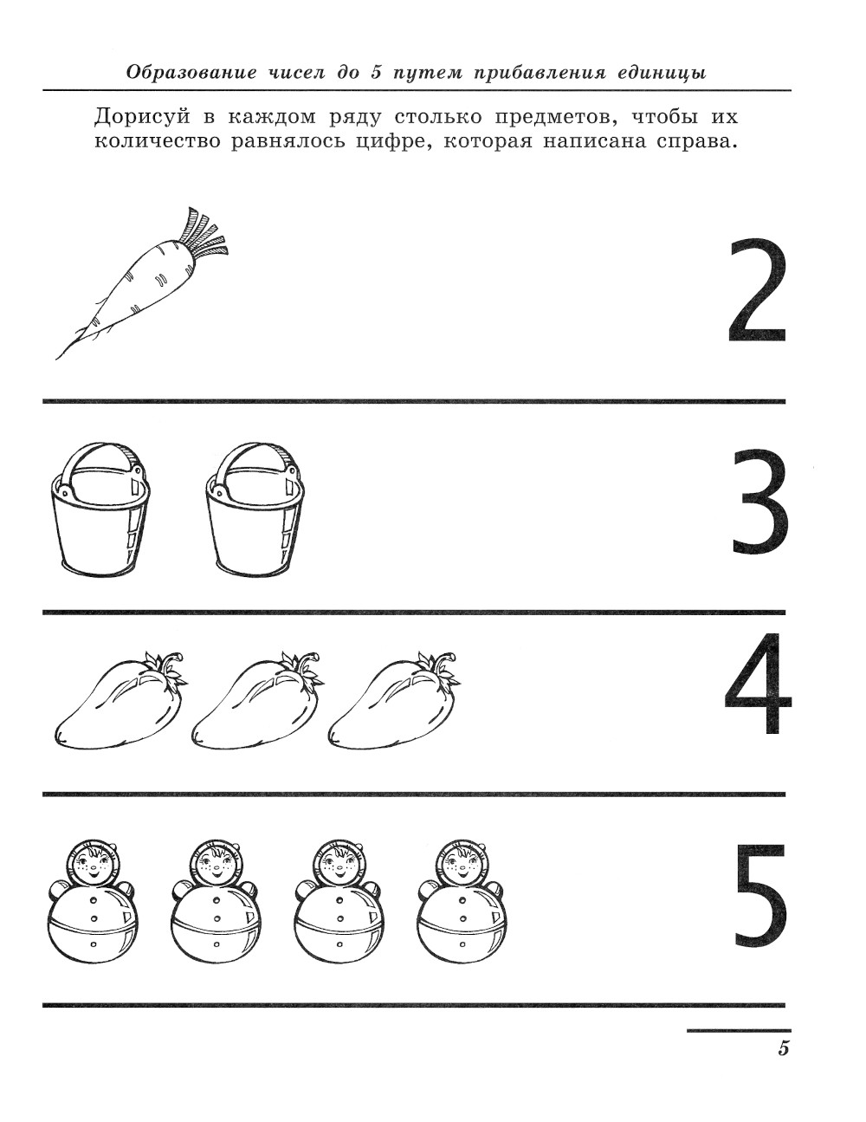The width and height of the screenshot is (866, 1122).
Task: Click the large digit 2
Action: pos(758,291)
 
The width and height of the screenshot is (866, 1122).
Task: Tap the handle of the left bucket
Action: pos(100,463)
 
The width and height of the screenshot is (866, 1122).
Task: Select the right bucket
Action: pos(255,509)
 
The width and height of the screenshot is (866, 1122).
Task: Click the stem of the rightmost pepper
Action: pos(445,667)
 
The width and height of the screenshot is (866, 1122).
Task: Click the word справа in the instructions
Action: pos(696,141)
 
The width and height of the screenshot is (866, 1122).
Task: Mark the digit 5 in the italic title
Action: pos(376,72)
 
